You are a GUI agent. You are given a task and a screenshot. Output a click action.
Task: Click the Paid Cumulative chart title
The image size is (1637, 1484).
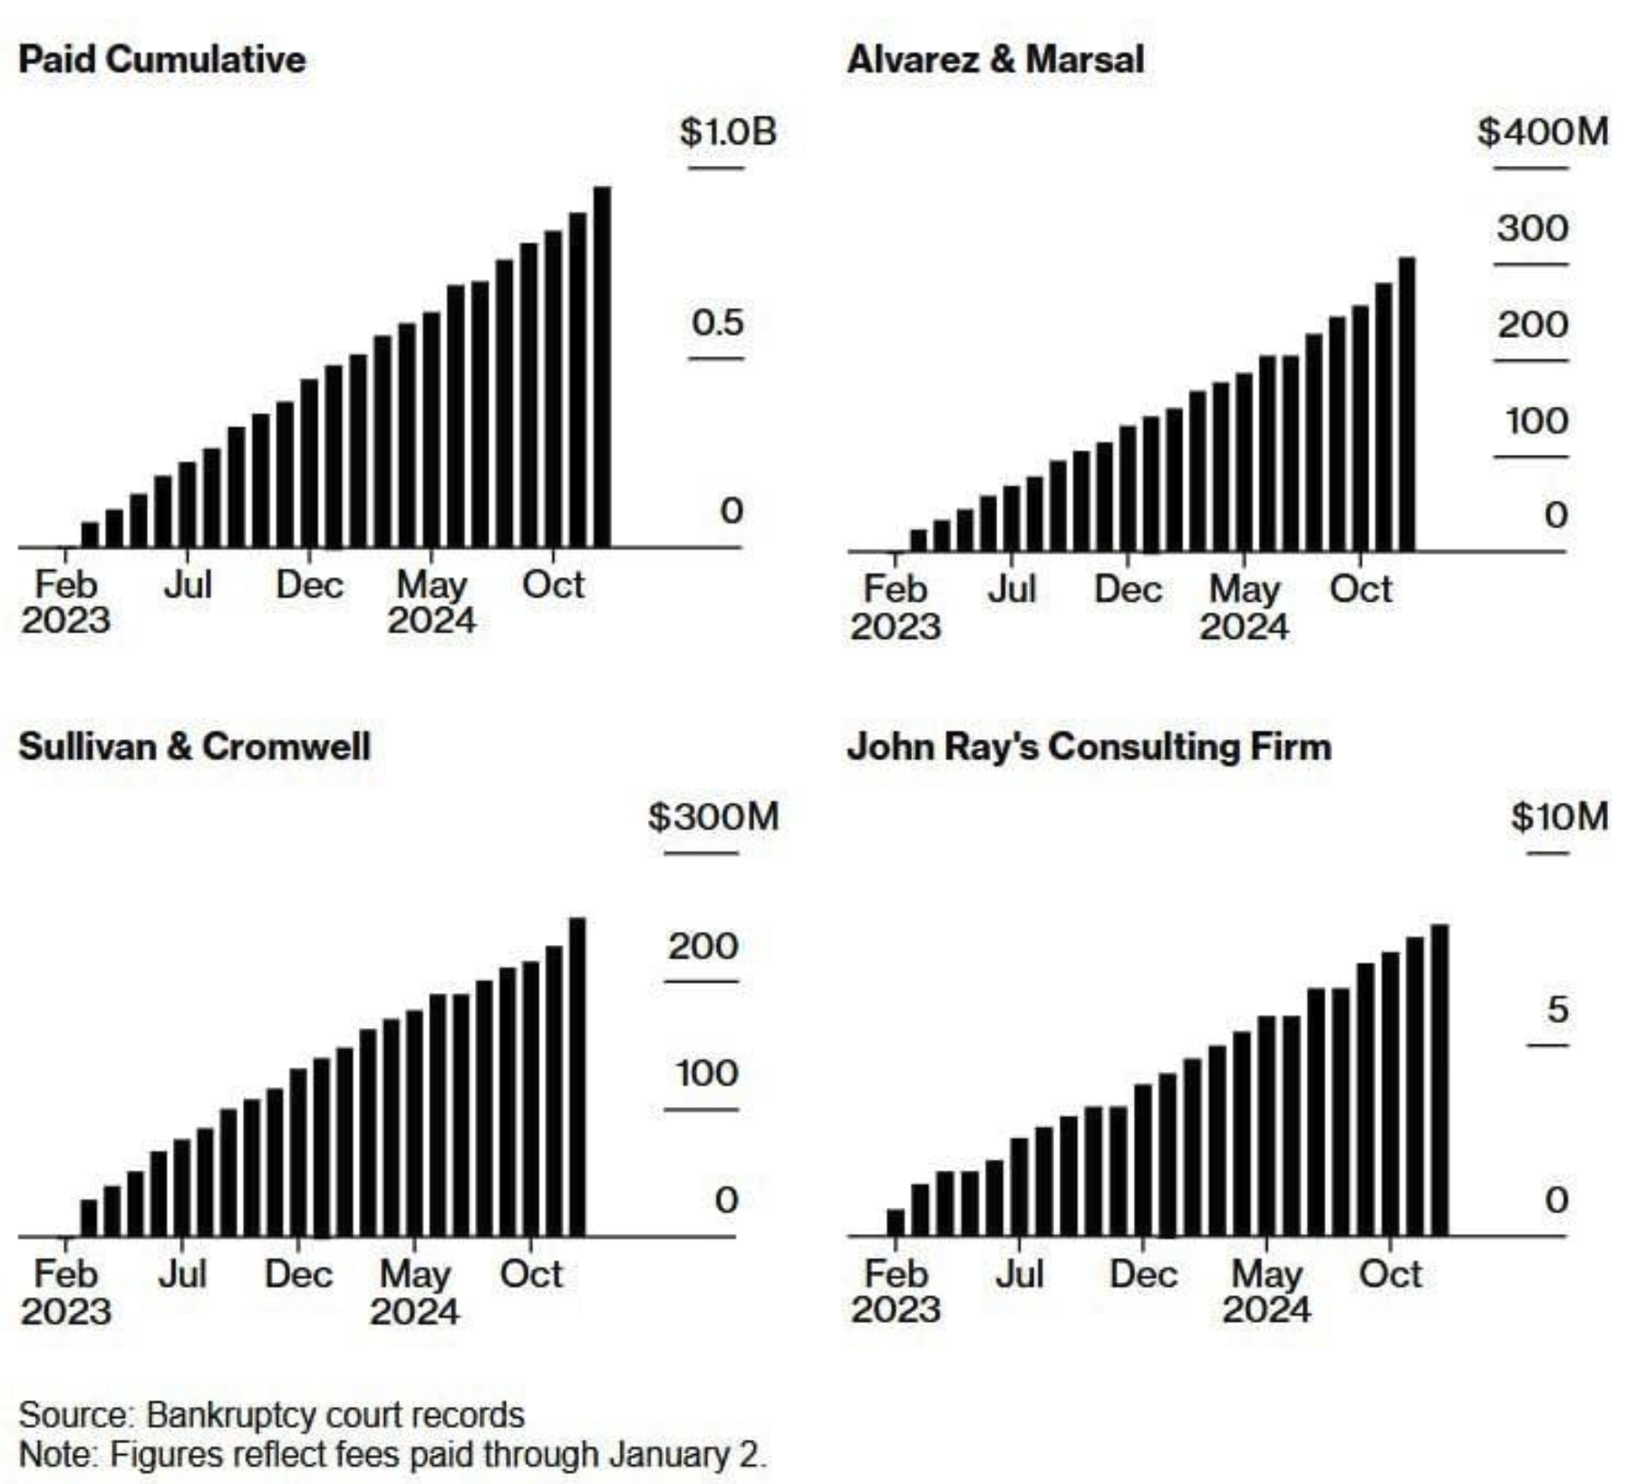click(x=162, y=60)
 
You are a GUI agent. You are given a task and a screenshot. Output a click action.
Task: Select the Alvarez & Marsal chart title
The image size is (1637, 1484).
click(x=995, y=60)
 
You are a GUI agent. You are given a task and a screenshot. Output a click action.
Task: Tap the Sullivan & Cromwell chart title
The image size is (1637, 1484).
click(x=194, y=747)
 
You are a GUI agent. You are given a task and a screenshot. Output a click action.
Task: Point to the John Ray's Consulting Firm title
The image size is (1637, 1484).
click(x=1089, y=747)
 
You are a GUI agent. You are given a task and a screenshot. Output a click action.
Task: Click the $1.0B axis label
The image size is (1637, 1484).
click(x=728, y=132)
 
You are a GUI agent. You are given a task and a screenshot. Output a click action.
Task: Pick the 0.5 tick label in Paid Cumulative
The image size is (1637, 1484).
click(x=717, y=323)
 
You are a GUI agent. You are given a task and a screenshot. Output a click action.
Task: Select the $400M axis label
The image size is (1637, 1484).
click(x=1543, y=132)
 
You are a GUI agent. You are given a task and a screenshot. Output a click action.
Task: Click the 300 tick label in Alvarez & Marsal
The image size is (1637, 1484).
click(x=1532, y=228)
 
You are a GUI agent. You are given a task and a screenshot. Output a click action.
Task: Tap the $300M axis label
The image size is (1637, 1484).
click(x=713, y=817)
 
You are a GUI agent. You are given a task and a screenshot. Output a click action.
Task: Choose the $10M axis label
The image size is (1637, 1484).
click(x=1559, y=817)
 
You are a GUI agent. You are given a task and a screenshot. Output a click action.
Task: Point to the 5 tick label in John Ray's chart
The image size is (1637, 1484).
click(x=1557, y=1009)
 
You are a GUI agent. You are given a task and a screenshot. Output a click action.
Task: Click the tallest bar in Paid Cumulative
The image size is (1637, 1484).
click(x=602, y=367)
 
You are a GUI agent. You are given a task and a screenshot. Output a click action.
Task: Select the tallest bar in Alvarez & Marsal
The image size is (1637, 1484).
click(x=1407, y=404)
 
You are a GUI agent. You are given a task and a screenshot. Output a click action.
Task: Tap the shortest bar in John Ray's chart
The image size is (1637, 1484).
click(x=896, y=1222)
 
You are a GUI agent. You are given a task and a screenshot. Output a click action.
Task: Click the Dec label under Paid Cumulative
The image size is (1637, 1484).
click(x=309, y=585)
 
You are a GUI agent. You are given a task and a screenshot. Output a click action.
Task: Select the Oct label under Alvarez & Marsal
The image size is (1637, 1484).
click(x=1360, y=590)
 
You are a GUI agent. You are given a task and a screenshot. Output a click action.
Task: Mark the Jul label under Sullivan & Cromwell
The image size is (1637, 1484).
click(x=183, y=1275)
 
